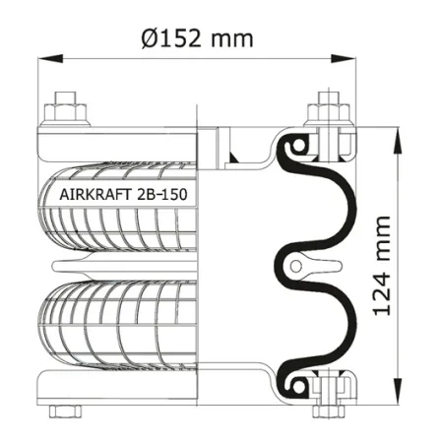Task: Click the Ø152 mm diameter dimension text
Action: click(x=197, y=38)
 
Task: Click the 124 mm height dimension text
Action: click(x=382, y=266)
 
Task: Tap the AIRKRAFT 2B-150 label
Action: click(x=123, y=194)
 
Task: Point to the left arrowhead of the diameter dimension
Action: click(x=50, y=59)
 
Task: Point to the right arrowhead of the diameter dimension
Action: click(x=344, y=59)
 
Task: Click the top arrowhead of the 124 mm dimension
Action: click(x=398, y=140)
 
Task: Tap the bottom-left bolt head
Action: click(x=65, y=411)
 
